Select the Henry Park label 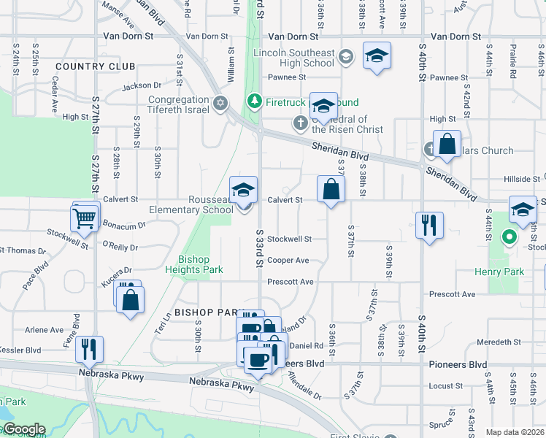click(x=504, y=272)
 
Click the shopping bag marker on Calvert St click(x=331, y=190)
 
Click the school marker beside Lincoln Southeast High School click(x=377, y=56)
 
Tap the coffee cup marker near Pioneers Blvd click(x=258, y=359)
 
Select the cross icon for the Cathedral click(x=301, y=123)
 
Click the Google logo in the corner click(x=24, y=429)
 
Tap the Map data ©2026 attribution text click(x=515, y=432)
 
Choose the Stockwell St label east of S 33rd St click(x=289, y=239)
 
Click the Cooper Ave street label click(x=288, y=260)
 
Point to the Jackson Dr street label click(x=142, y=86)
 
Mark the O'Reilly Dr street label click(x=120, y=245)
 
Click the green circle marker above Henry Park click(x=510, y=238)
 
